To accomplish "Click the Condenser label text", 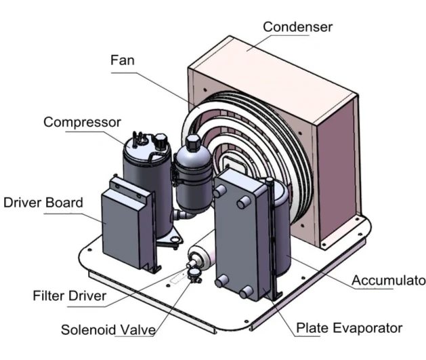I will [x=297, y=26].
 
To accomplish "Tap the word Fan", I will [x=123, y=60].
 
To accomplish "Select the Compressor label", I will [x=82, y=122].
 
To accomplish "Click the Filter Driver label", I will [x=69, y=296].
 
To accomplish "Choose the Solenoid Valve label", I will [x=108, y=330].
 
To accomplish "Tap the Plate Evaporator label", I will [x=349, y=328].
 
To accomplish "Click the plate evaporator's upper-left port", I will [x=219, y=192].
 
